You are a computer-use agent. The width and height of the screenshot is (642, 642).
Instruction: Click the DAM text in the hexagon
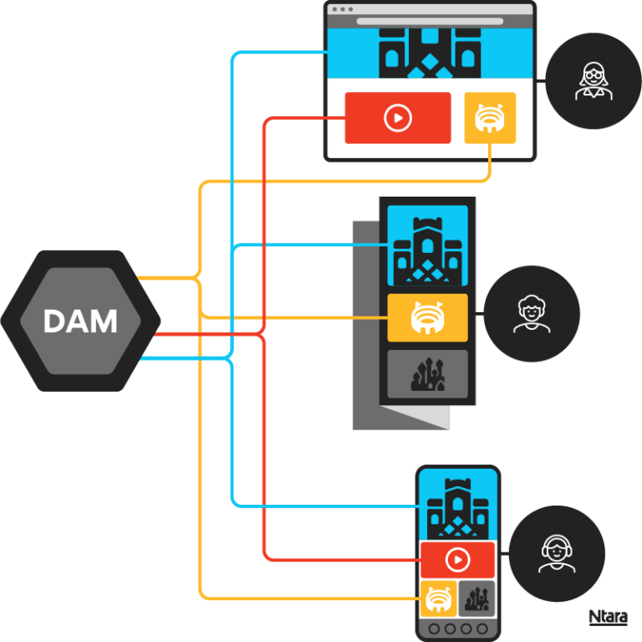click(80, 321)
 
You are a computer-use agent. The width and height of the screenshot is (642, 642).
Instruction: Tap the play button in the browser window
click(398, 118)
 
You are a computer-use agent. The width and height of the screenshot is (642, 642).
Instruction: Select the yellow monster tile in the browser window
click(490, 118)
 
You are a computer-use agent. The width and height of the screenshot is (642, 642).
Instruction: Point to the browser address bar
click(430, 21)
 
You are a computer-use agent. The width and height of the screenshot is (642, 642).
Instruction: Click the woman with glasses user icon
click(593, 81)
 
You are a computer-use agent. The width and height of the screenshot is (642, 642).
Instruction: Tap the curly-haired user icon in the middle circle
click(532, 314)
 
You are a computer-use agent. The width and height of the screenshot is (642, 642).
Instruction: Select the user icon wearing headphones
click(556, 553)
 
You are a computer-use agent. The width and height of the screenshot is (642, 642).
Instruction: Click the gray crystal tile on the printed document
click(427, 374)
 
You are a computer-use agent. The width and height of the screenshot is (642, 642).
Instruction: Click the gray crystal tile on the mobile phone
click(476, 598)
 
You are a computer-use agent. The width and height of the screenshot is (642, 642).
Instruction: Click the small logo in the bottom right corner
click(608, 618)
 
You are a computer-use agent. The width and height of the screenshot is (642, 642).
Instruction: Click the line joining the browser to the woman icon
click(540, 81)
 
